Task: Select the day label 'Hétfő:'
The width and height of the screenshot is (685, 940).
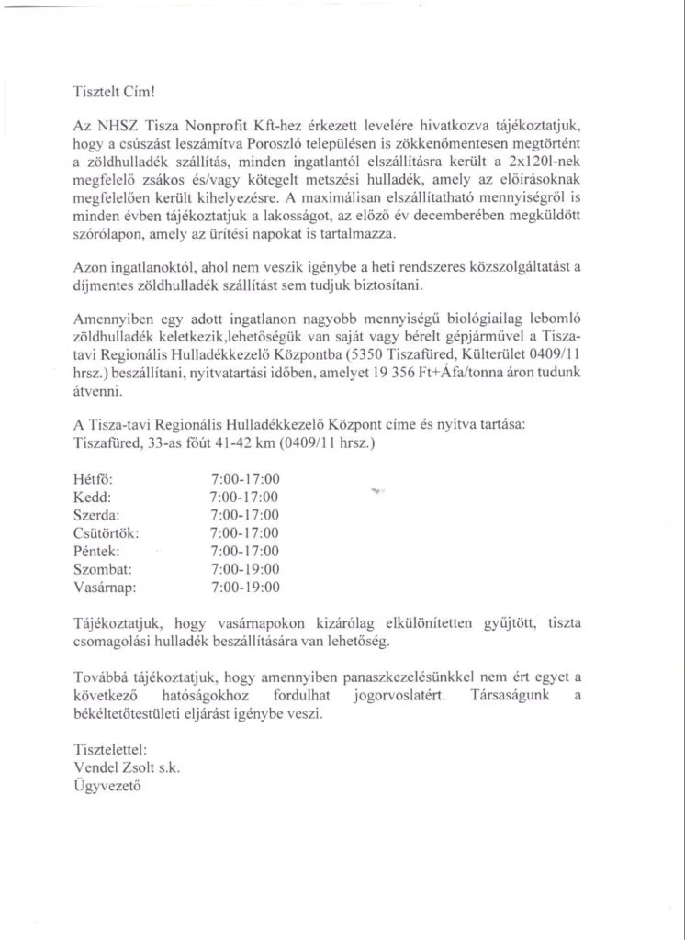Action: pos(91,478)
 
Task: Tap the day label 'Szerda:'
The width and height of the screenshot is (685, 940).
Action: pos(95,515)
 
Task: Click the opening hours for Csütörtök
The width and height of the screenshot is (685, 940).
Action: pos(244,532)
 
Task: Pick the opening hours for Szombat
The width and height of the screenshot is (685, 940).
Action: pos(244,569)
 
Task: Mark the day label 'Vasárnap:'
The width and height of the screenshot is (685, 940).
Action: pos(103,587)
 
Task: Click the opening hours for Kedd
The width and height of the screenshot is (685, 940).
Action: pos(244,497)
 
